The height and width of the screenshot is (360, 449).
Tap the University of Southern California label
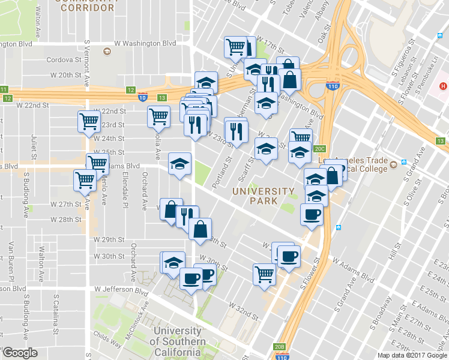click(x=176, y=341)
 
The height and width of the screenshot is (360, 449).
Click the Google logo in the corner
click(x=19, y=353)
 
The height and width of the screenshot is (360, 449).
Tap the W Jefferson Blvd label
click(x=121, y=289)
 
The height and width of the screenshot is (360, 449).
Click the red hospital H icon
click(x=443, y=86)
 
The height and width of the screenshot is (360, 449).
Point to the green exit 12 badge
click(x=131, y=90)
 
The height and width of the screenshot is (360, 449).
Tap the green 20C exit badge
click(x=319, y=149)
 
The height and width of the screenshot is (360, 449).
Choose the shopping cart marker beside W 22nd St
click(x=89, y=121)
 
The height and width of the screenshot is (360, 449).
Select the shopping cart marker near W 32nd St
click(x=264, y=274)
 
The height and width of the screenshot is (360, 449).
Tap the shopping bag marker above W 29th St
click(x=200, y=228)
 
